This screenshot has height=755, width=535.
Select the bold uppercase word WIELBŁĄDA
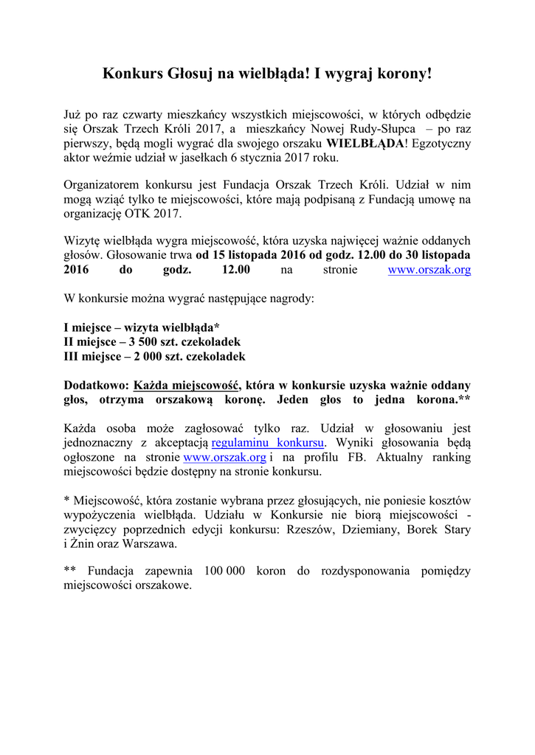365,143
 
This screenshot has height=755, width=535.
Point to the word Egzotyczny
439,143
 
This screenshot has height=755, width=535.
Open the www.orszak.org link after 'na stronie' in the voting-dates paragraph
429,270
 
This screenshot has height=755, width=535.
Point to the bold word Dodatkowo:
97,385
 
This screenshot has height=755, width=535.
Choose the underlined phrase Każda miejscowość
187,385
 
